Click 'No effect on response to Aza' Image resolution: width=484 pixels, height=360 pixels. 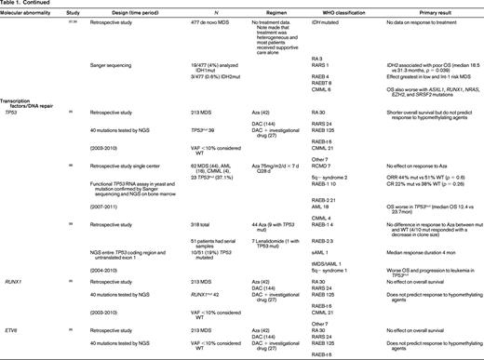[410, 190]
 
